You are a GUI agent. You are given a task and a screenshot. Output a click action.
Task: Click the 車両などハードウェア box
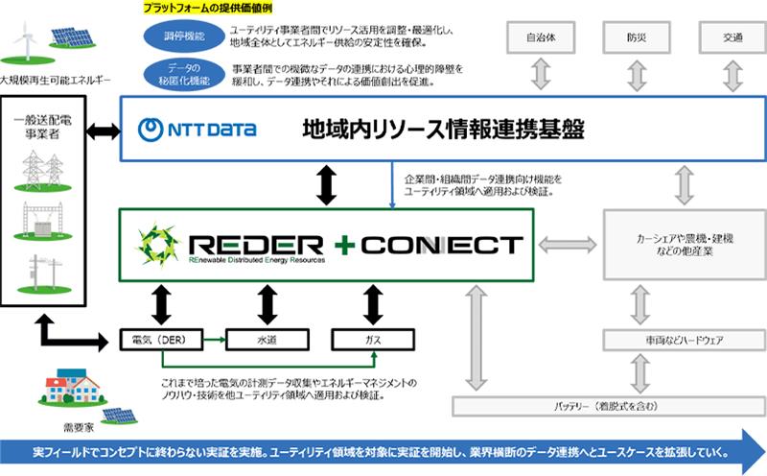point(683,339)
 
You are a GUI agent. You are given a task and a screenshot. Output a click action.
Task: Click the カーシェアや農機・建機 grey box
point(683,244)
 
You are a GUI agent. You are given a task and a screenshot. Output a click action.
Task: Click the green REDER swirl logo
point(158,245)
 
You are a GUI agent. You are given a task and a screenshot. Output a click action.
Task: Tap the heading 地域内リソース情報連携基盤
point(444,129)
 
